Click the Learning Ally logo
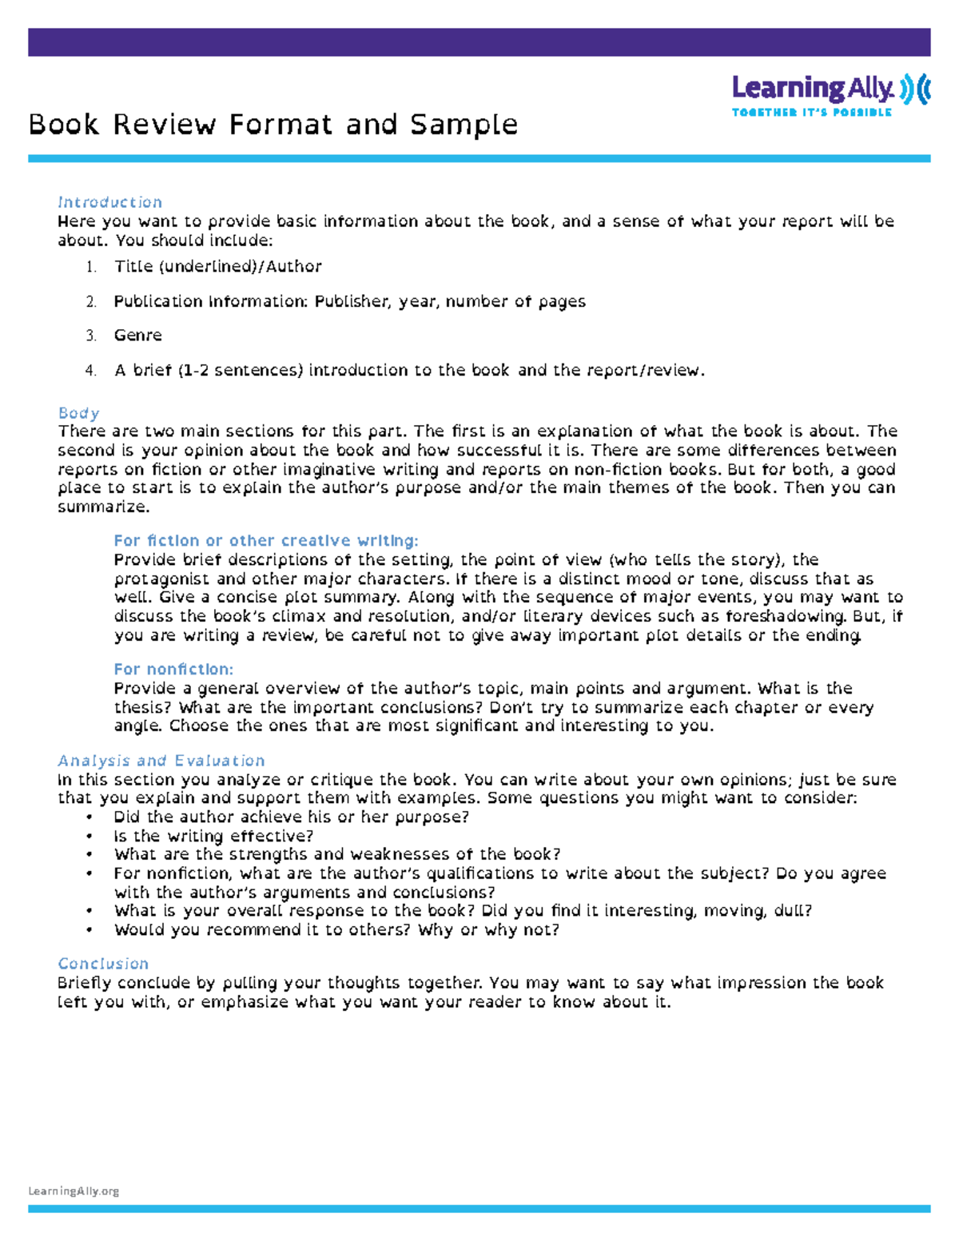tap(830, 89)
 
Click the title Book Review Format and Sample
tap(273, 125)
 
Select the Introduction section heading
tap(109, 202)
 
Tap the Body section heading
tap(78, 413)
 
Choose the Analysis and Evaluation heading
tap(161, 761)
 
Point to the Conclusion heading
tap(103, 964)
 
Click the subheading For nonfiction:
tap(173, 669)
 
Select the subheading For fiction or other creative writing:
tap(265, 540)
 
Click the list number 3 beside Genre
tap(91, 336)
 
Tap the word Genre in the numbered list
tap(137, 336)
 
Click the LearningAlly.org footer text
tap(74, 1191)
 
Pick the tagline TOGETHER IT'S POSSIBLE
tap(811, 113)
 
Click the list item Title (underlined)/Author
tap(217, 266)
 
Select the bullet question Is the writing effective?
tap(213, 836)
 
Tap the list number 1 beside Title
tap(91, 267)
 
